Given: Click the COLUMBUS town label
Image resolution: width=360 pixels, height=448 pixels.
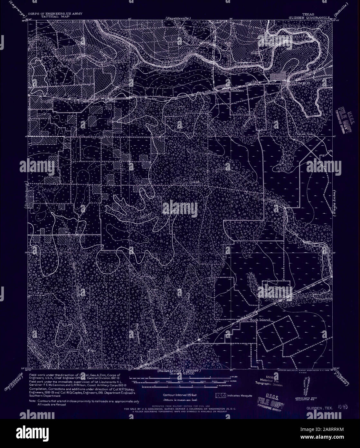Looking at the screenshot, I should pyautogui.click(x=300, y=83).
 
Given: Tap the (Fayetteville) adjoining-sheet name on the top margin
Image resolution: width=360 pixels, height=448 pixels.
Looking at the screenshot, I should pyautogui.click(x=177, y=18).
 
